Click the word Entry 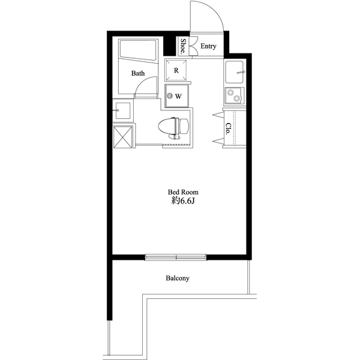(x=208, y=46)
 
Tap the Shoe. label (x=183, y=46)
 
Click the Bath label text (x=138, y=74)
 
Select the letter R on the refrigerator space (x=176, y=70)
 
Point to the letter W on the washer (x=179, y=96)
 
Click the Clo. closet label (x=229, y=128)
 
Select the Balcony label (x=178, y=278)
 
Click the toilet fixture (x=173, y=127)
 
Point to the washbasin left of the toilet (x=122, y=111)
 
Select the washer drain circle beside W (x=170, y=96)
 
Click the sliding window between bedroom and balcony (x=177, y=259)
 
